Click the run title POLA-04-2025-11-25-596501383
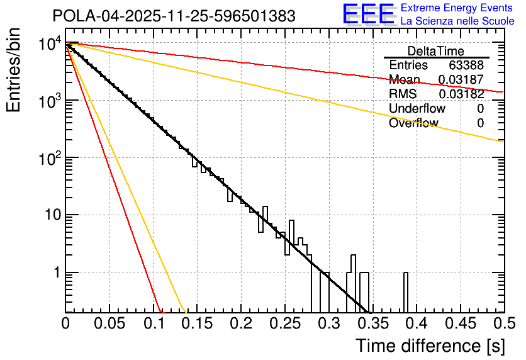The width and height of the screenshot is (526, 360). tap(174, 16)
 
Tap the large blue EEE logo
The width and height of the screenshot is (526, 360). tap(368, 15)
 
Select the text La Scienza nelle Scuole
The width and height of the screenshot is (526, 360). tap(457, 21)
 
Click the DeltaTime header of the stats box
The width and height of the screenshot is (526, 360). tap(436, 51)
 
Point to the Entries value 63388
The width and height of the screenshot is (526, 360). tap(466, 65)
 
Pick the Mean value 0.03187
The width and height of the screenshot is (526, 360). tap(461, 80)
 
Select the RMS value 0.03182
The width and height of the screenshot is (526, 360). tap(461, 94)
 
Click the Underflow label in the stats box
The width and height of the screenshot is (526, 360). tap(417, 109)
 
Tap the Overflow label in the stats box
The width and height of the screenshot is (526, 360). tap(413, 123)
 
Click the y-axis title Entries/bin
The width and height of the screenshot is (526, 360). tap(14, 71)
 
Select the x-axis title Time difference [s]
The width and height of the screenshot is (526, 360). tap(430, 346)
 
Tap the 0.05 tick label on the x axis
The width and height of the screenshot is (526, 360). tap(109, 324)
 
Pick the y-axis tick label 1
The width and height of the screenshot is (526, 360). tap(55, 273)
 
